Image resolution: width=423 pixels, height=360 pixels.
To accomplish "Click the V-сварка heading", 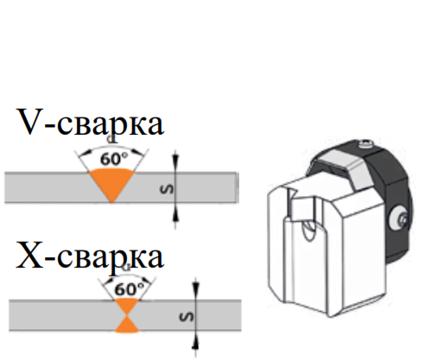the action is coord(91,122).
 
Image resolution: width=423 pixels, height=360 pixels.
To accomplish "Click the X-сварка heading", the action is coord(90,255).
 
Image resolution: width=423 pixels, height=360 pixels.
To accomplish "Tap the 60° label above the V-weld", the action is coord(114,159).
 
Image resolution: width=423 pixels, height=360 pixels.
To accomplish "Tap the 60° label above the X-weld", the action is coord(129,288).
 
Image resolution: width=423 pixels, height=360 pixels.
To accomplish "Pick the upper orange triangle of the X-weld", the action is coord(127,306).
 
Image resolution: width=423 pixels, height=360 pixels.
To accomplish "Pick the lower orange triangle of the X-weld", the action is coord(127,325).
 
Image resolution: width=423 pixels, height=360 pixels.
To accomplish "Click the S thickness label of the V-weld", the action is coord(167,188).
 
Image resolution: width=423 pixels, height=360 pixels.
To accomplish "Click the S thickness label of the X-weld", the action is coord(186,317).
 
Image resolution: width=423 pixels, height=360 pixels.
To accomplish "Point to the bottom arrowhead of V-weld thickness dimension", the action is coord(175,215).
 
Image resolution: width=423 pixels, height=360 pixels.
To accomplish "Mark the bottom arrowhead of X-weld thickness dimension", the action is coord(195,343).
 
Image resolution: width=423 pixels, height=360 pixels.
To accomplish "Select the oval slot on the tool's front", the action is coord(308,230).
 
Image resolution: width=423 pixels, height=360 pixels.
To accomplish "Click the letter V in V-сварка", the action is coord(30,122).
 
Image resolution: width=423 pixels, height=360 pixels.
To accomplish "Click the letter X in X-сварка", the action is coord(29,256).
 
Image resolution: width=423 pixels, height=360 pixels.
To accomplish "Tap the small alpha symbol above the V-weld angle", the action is coord(111,140).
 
